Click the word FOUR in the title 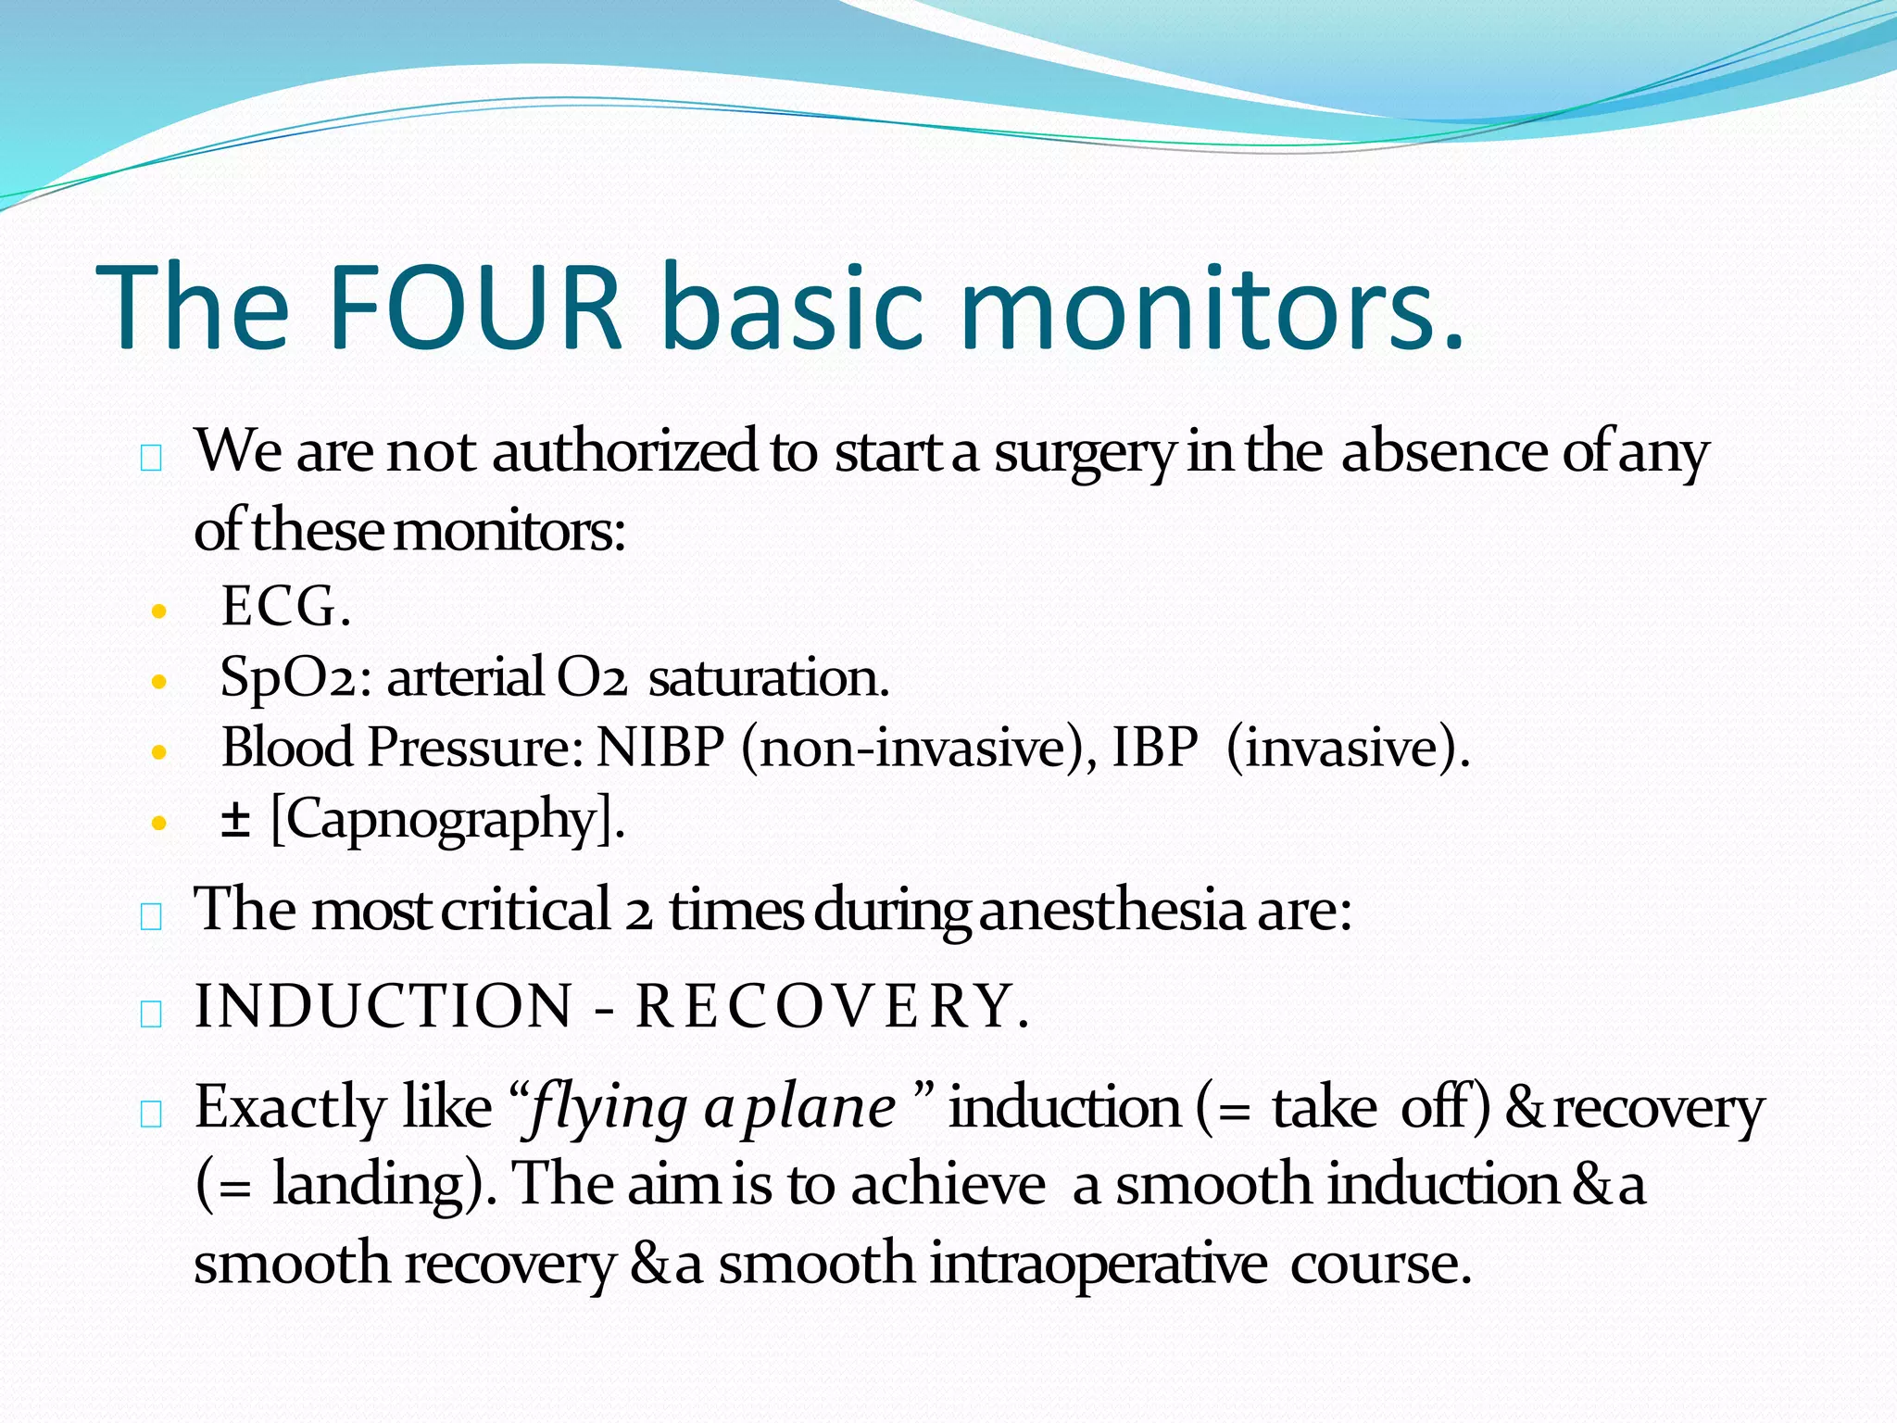pyautogui.click(x=473, y=308)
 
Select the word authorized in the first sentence pyautogui.click(x=625, y=453)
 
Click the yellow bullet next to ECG pyautogui.click(x=159, y=611)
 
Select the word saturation pyautogui.click(x=768, y=678)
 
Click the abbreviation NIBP pyautogui.click(x=660, y=747)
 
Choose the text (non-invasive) pyautogui.click(x=916, y=747)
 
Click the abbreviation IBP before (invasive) pyautogui.click(x=1154, y=747)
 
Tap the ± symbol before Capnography pyautogui.click(x=235, y=819)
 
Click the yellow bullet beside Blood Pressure pyautogui.click(x=159, y=752)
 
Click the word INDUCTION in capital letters pyautogui.click(x=383, y=1006)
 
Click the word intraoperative pyautogui.click(x=1098, y=1264)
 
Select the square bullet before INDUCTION pyautogui.click(x=152, y=1014)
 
